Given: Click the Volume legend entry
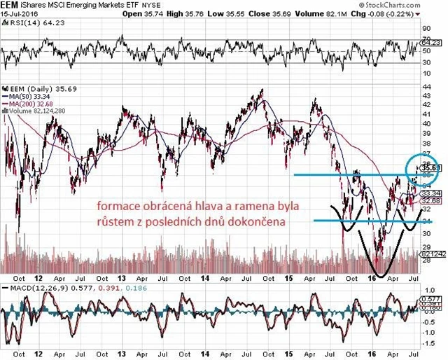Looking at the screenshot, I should [x=35, y=112].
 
